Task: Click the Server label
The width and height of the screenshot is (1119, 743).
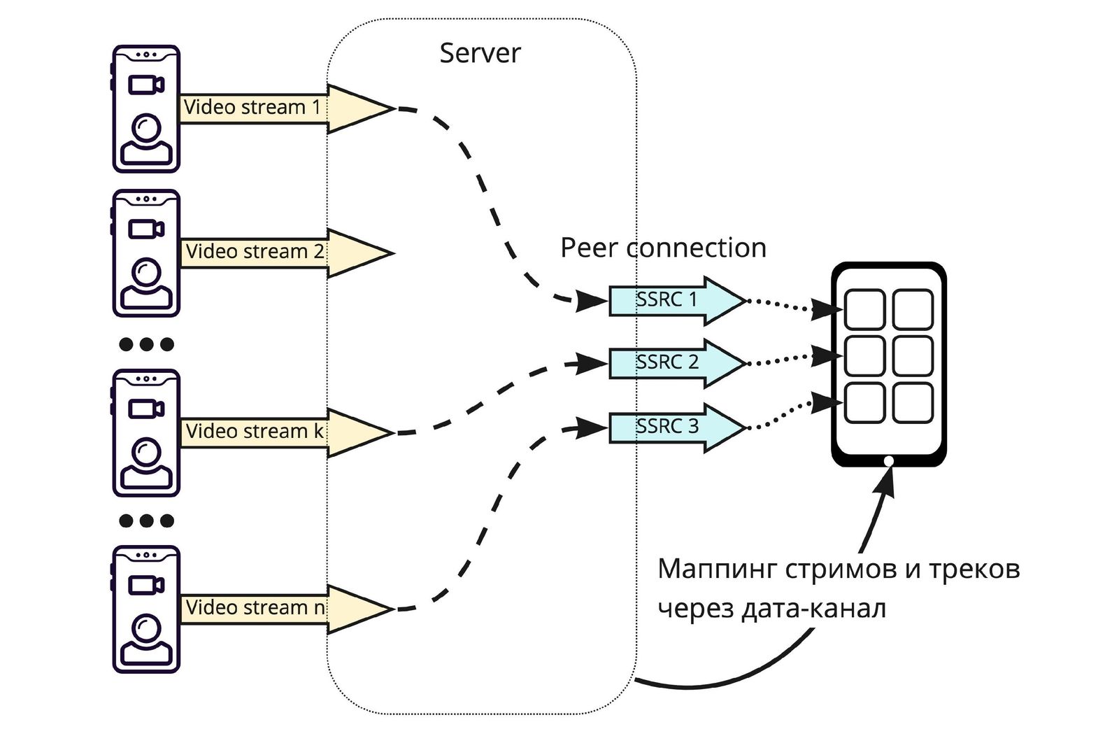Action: point(480,53)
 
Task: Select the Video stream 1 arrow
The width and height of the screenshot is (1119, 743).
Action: point(280,108)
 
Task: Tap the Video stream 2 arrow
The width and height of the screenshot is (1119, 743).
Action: point(280,253)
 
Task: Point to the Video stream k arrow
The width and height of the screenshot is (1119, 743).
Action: point(280,432)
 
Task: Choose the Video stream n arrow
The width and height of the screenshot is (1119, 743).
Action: point(280,609)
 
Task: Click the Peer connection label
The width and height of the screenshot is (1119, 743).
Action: point(663,248)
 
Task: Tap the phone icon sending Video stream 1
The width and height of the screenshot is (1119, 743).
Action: point(146,109)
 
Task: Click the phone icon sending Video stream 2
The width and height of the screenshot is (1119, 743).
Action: point(146,253)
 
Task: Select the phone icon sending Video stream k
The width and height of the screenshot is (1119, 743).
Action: point(146,433)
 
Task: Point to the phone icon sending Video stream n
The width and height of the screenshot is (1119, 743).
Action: point(146,609)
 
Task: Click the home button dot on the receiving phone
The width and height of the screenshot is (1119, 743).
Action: point(888,460)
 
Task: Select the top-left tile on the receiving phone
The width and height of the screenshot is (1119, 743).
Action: point(864,309)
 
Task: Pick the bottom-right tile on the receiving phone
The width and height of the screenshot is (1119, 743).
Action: point(913,402)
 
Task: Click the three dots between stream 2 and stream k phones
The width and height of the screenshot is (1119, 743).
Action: point(146,344)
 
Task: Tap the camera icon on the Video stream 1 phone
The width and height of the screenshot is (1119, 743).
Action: point(146,85)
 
